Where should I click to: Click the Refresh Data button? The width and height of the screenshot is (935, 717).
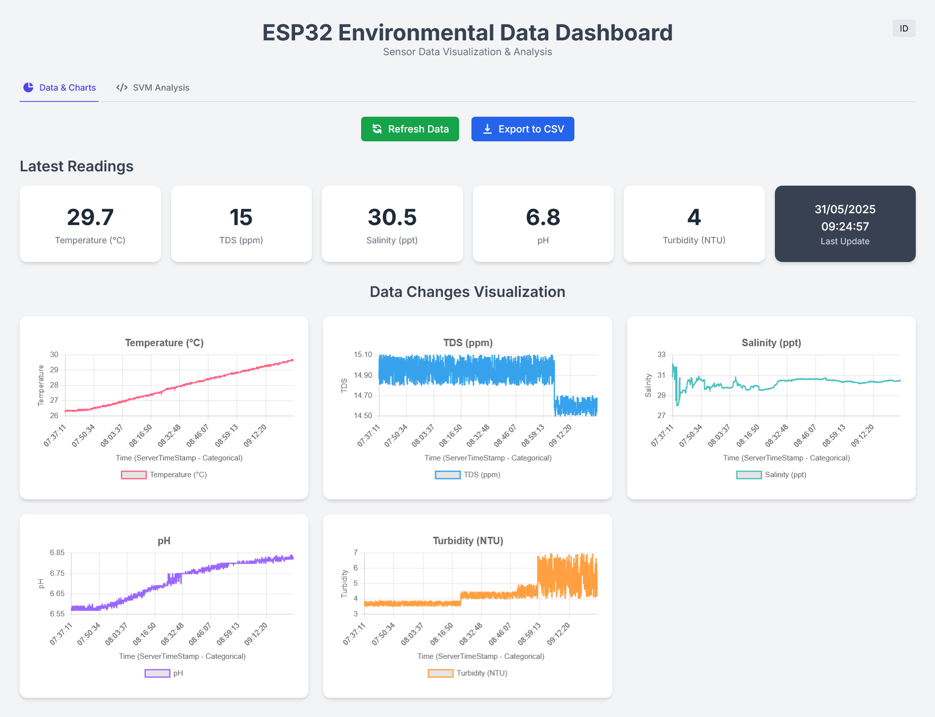410,129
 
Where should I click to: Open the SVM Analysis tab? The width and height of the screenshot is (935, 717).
153,88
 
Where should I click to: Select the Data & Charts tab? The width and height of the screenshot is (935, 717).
60,88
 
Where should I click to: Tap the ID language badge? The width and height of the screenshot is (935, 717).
903,29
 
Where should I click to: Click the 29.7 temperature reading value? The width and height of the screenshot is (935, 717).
90,217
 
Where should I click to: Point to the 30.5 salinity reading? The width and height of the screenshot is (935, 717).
392,217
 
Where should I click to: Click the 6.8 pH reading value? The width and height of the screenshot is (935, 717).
543,217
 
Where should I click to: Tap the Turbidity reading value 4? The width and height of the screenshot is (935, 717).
694,217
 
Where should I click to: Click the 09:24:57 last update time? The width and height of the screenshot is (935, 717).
845,227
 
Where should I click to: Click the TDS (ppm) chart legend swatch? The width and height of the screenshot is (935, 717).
447,475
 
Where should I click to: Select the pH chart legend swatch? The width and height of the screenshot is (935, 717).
157,673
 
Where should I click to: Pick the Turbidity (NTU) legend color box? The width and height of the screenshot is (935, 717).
440,673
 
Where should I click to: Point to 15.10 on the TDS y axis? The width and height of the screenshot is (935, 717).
363,355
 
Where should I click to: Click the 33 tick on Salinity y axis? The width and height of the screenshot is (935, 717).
661,355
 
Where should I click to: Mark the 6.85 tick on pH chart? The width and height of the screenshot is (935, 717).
57,553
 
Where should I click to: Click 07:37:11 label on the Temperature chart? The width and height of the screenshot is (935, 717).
55,435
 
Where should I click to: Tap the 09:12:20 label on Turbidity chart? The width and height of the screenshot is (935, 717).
559,634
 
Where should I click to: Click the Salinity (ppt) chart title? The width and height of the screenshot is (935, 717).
771,343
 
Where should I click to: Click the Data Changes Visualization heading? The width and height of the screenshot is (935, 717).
467,292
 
